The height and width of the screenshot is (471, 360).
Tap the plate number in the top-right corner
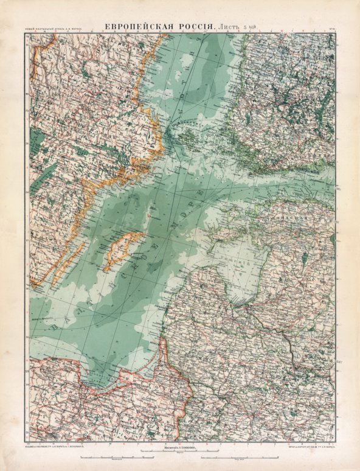click(x=330, y=28)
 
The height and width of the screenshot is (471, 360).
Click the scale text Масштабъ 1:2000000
click(x=180, y=446)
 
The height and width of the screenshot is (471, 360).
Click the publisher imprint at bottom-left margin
click(x=58, y=446)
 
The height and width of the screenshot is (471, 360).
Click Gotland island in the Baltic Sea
click(x=125, y=249)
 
